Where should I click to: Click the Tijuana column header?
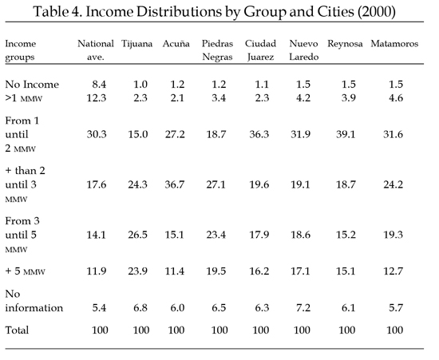tap(137, 44)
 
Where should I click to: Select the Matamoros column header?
tap(394, 44)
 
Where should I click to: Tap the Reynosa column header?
tap(345, 44)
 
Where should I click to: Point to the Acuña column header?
tap(176, 44)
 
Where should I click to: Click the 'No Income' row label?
tap(32, 85)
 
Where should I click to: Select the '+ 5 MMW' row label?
tap(26, 271)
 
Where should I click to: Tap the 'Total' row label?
tap(17, 330)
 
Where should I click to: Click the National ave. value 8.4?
tap(99, 85)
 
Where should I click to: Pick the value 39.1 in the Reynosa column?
tap(346, 134)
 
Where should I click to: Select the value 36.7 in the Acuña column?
tap(175, 184)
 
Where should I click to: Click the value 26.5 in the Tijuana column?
tap(138, 235)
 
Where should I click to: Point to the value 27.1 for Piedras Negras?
tap(216, 184)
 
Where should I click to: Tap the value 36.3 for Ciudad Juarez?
tap(259, 134)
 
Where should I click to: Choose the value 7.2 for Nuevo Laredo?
tap(303, 308)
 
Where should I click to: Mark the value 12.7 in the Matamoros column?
tap(393, 271)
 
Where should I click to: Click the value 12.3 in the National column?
tap(97, 98)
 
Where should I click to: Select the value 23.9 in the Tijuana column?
tap(138, 271)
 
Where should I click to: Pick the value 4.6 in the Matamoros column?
tap(396, 98)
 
